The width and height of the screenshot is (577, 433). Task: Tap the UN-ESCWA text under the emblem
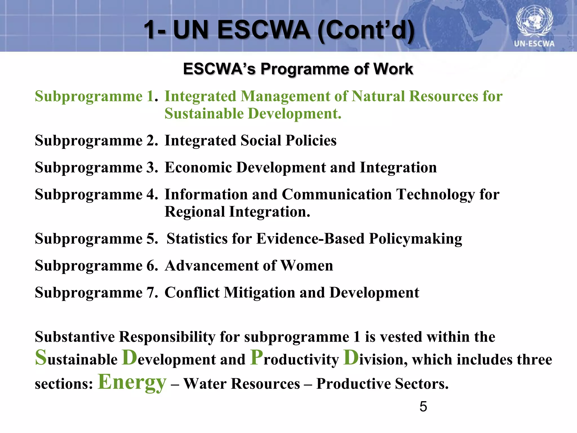(534, 44)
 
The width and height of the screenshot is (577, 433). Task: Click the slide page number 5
(423, 407)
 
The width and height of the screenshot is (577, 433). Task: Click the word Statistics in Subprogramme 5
(197, 239)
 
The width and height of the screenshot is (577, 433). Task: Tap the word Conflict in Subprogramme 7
(192, 292)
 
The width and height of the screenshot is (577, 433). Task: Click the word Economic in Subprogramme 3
(198, 167)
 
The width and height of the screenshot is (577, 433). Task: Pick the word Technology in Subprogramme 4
(435, 195)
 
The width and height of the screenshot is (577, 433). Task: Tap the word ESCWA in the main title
(264, 30)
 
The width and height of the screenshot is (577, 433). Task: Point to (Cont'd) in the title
(366, 30)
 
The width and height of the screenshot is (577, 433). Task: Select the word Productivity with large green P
(294, 359)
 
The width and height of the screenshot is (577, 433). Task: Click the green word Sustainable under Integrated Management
(204, 114)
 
